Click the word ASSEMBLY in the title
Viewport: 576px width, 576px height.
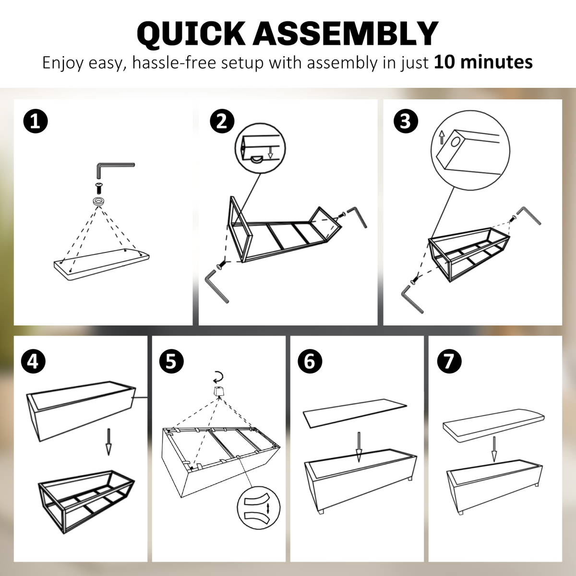(x=345, y=34)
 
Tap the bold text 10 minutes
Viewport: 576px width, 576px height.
(x=483, y=62)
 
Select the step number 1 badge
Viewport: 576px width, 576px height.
(x=36, y=121)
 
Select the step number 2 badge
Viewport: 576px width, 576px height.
(x=222, y=121)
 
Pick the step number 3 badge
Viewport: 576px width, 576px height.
(x=406, y=121)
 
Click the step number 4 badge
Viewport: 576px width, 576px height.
(x=33, y=361)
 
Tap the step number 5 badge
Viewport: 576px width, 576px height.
(x=171, y=361)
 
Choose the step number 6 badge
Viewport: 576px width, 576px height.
(x=310, y=361)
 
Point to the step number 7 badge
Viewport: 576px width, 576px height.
(x=449, y=361)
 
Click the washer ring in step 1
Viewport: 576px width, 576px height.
(x=99, y=201)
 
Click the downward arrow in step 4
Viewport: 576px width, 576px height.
(x=108, y=442)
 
